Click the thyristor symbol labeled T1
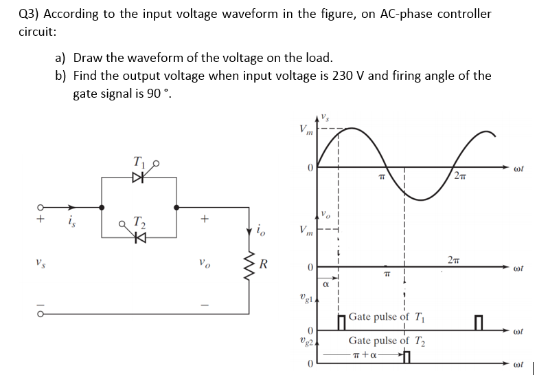pyautogui.click(x=139, y=178)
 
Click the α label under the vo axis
pyautogui.click(x=327, y=282)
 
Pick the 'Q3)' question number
pyautogui.click(x=28, y=14)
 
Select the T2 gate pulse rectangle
pyautogui.click(x=407, y=356)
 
